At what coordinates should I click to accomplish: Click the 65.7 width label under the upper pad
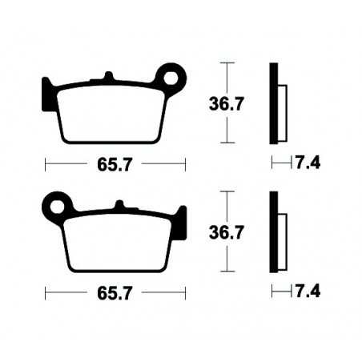pyautogui.click(x=115, y=164)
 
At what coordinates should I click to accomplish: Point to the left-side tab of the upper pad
pyautogui.click(x=46, y=87)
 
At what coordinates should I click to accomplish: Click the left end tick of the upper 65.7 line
pyautogui.click(x=45, y=164)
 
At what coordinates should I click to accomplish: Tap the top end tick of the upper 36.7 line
pyautogui.click(x=230, y=62)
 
